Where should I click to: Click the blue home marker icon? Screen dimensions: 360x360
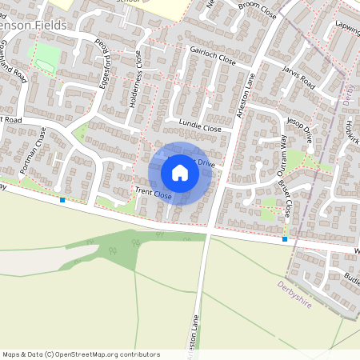coord(180,173)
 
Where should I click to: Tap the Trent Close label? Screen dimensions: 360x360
coord(153,193)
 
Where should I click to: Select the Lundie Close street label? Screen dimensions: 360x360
coord(200,126)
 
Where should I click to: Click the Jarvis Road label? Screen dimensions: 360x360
coord(299,78)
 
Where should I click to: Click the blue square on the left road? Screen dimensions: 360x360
coord(62,200)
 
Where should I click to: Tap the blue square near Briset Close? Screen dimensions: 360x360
coord(285,238)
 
